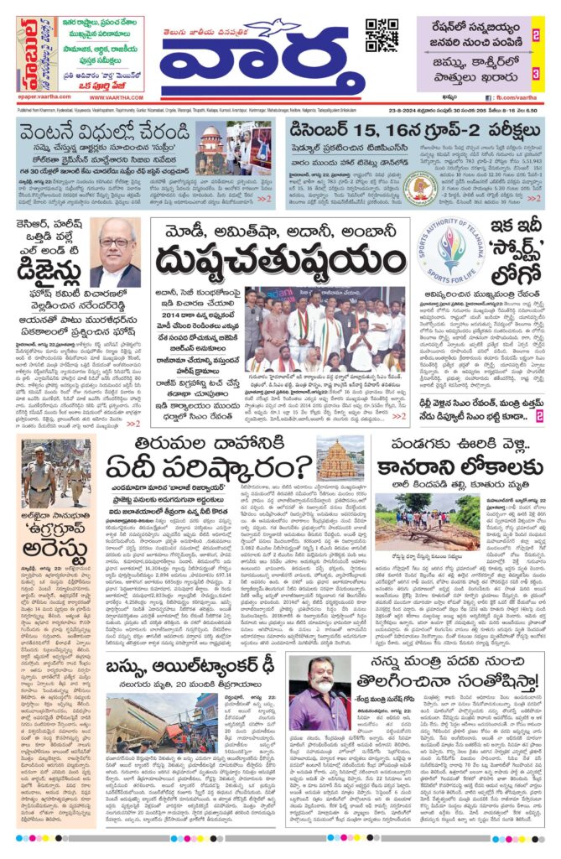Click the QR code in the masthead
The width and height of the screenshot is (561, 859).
[382, 35]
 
